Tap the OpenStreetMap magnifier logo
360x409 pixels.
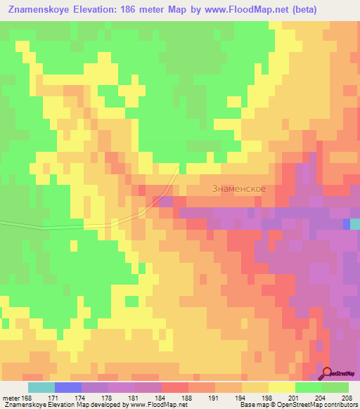click(328, 374)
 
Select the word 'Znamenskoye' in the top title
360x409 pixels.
click(42, 10)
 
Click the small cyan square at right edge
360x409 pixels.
click(355, 223)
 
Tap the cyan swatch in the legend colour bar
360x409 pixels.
click(41, 387)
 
